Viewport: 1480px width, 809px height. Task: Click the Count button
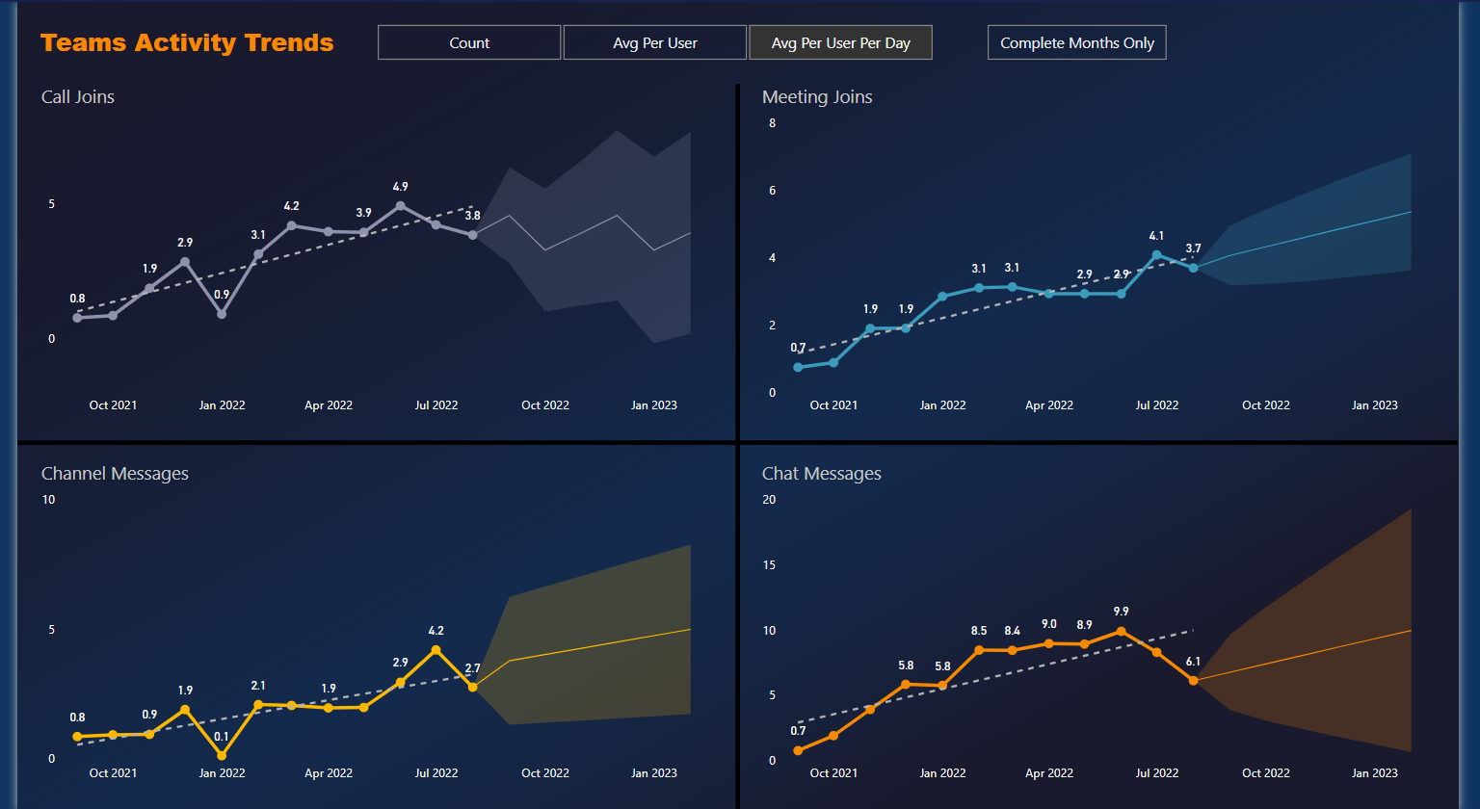tap(469, 42)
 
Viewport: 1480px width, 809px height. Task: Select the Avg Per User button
tap(655, 42)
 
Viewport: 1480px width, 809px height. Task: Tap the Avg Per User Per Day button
tap(840, 42)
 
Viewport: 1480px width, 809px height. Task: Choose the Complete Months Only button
tap(1076, 42)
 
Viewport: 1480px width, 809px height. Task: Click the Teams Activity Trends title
tap(187, 42)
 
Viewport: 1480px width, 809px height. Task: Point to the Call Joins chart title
tap(78, 96)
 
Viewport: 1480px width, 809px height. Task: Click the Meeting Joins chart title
tap(817, 96)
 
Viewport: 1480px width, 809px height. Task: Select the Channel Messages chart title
tap(115, 473)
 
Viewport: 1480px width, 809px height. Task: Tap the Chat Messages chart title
tap(821, 473)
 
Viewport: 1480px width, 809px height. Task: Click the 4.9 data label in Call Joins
tap(400, 187)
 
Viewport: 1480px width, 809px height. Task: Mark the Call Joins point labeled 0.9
tap(222, 313)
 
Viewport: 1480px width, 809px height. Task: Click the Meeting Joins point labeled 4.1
tap(1156, 255)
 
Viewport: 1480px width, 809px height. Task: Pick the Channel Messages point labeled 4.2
tap(436, 650)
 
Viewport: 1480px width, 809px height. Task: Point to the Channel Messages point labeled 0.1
tap(222, 755)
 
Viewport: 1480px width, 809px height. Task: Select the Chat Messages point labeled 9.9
tap(1121, 632)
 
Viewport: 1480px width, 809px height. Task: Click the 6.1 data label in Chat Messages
tap(1193, 662)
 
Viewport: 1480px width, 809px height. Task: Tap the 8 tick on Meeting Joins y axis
tap(772, 123)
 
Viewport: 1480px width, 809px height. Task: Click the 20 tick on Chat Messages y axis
tap(769, 499)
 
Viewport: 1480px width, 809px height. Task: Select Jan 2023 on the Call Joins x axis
tap(653, 405)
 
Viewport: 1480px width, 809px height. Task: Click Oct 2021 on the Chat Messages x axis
tap(833, 773)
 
